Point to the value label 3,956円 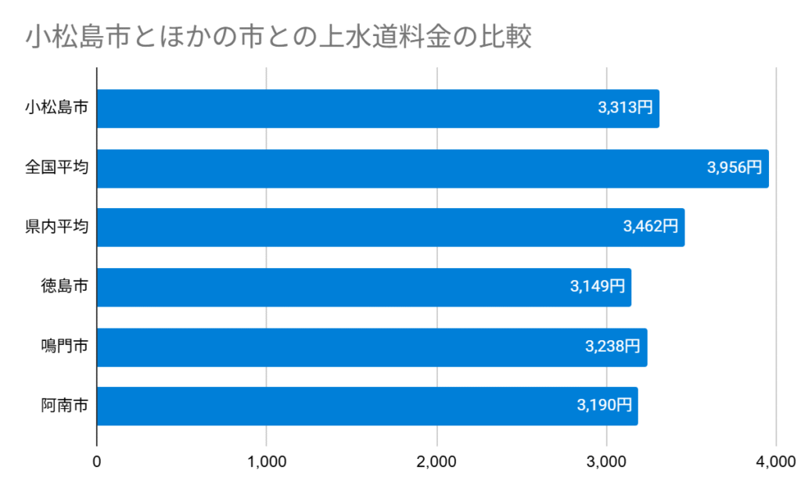click(734, 168)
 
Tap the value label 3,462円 click(650, 228)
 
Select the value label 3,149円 click(598, 287)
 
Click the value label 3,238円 click(613, 347)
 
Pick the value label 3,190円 click(604, 406)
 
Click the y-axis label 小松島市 click(56, 109)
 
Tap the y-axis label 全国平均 click(56, 168)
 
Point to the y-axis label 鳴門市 click(64, 347)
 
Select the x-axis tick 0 click(97, 462)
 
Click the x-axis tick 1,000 click(267, 462)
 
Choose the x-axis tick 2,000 click(436, 462)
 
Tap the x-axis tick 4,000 click(776, 462)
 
